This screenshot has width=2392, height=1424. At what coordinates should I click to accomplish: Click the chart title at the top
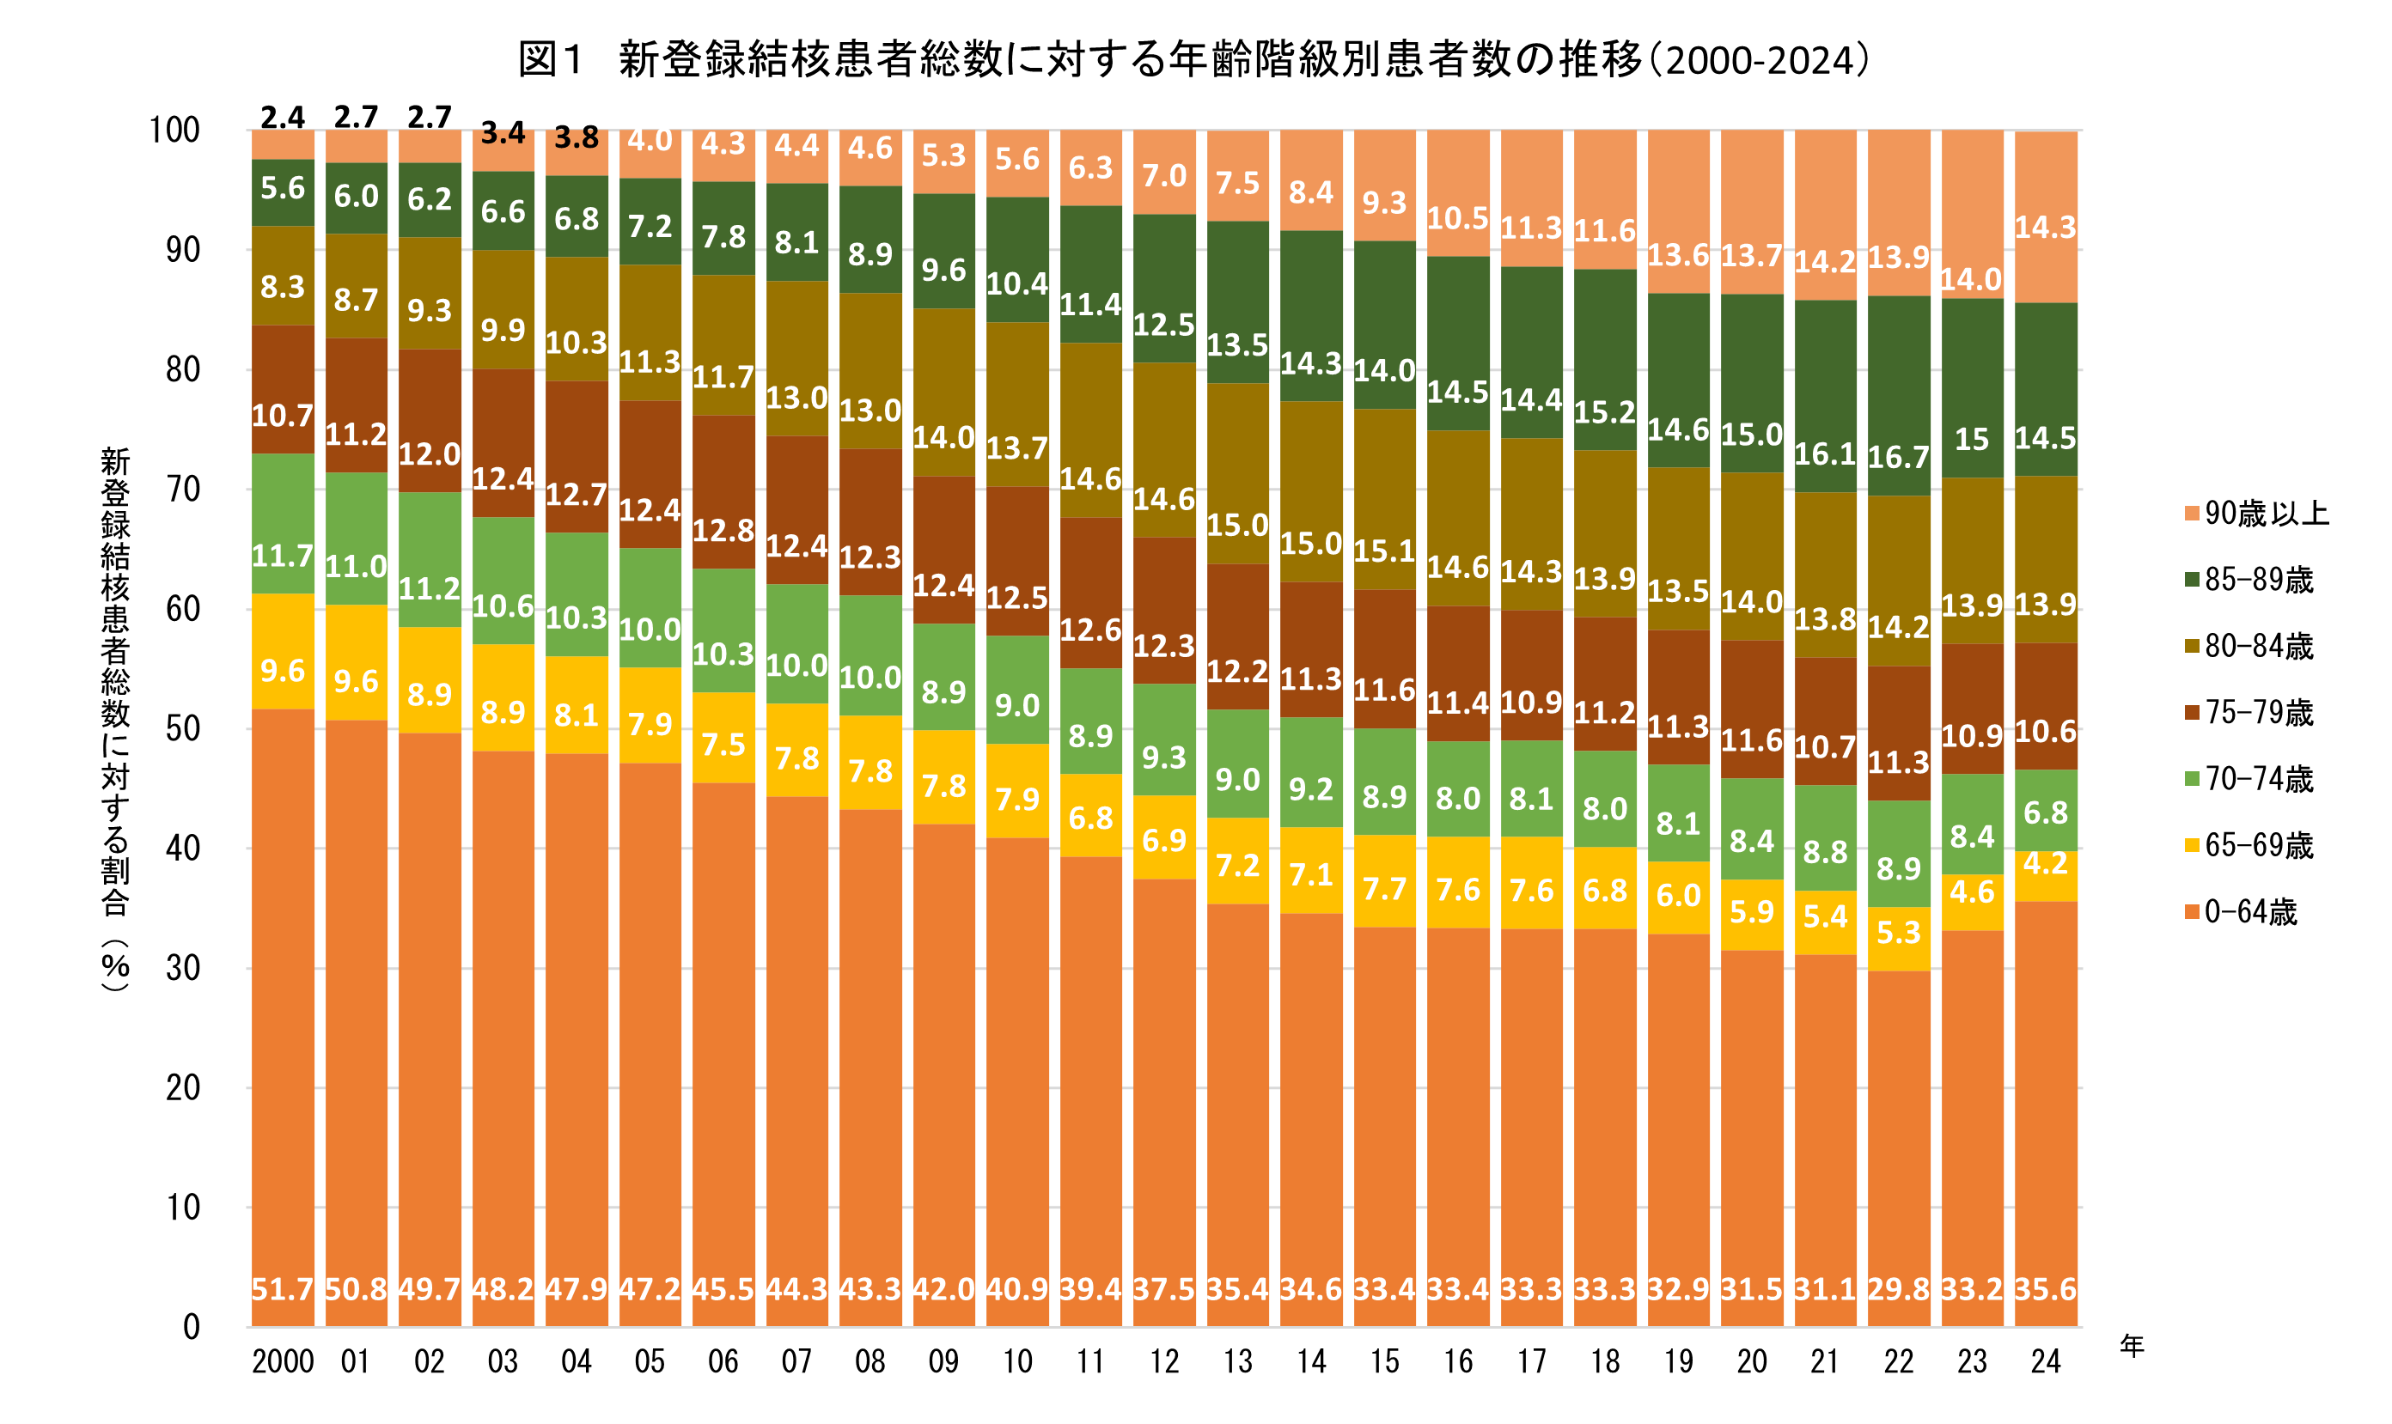1194,59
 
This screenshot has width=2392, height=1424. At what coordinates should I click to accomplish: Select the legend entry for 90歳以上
2266,514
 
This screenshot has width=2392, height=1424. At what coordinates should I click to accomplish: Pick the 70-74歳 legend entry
2258,779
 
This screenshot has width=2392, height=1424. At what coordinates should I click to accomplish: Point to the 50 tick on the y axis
182,728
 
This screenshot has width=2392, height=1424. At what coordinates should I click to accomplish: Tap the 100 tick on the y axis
174,130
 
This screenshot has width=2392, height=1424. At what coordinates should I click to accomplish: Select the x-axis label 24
2046,1360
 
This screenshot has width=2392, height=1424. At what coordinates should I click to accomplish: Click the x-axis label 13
1237,1360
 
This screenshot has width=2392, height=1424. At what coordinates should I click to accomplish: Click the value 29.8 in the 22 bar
1899,1288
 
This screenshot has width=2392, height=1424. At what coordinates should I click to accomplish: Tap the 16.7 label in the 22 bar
1899,457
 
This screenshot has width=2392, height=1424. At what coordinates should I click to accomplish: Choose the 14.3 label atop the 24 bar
2046,228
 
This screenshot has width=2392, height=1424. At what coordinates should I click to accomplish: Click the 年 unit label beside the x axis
2131,1347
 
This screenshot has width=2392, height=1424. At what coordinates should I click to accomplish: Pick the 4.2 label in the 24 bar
2046,864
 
